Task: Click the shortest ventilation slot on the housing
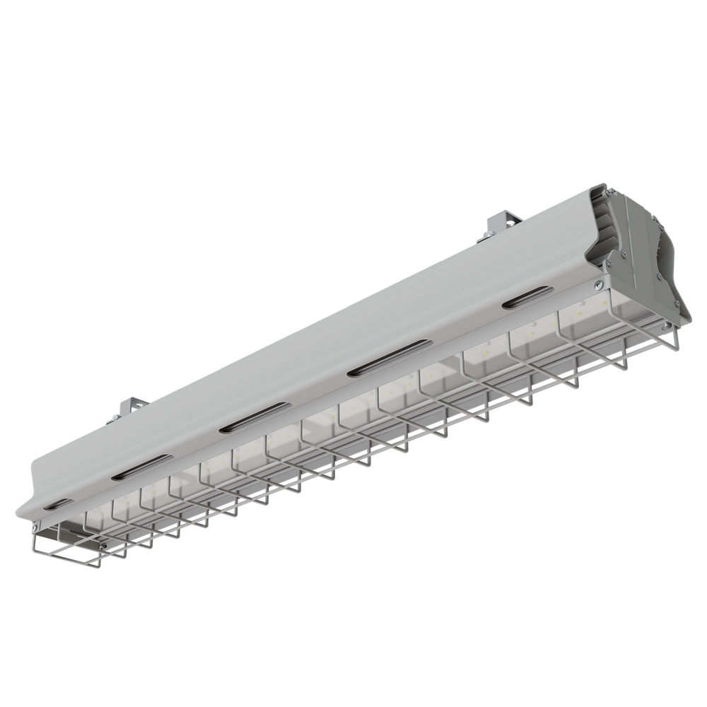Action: [58, 504]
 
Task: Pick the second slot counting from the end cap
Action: [388, 357]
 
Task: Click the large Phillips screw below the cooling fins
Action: [598, 284]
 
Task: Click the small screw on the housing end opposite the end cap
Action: [35, 527]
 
